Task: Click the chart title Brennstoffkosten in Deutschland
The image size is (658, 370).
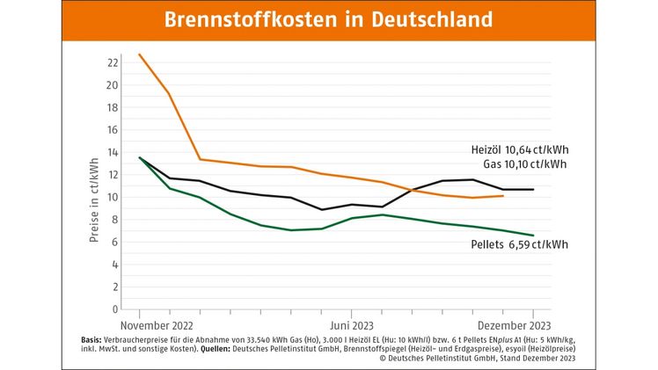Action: (x=328, y=19)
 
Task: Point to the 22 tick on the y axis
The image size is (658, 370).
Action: (x=112, y=63)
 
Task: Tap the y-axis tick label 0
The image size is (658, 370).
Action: (x=114, y=309)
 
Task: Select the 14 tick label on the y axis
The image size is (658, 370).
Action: (x=112, y=153)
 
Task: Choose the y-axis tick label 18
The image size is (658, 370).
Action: (x=112, y=108)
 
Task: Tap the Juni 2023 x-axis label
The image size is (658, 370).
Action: (x=351, y=323)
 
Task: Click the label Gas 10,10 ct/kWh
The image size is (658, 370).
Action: (x=525, y=163)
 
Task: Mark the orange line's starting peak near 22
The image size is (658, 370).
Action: (x=140, y=54)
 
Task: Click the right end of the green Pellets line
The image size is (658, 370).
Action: (x=533, y=236)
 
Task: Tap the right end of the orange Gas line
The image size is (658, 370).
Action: (x=502, y=196)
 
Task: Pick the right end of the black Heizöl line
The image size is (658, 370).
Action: (x=533, y=190)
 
